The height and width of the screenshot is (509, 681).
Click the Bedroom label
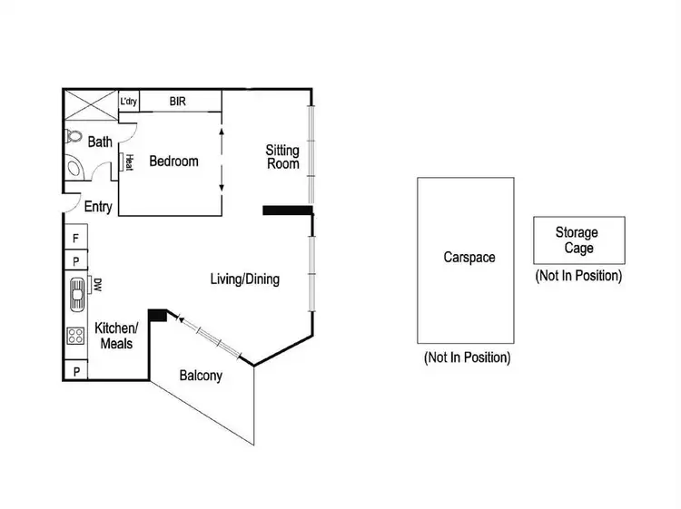[x=173, y=162]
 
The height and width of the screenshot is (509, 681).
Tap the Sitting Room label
[x=282, y=156]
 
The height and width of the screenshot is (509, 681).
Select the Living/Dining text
[x=245, y=279]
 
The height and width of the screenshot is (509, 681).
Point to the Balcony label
[x=201, y=375]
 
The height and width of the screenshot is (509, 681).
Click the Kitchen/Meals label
[x=116, y=336]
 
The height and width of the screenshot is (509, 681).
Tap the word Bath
[x=100, y=142]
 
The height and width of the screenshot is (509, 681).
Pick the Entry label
[x=98, y=207]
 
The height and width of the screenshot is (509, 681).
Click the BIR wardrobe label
[x=178, y=101]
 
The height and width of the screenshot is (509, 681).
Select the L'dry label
[x=129, y=101]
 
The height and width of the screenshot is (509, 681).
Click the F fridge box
[x=75, y=238]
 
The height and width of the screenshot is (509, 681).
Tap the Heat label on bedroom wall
[x=129, y=162]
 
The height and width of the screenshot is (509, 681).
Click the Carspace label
[x=469, y=258]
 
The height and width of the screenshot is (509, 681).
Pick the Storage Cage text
[x=577, y=240]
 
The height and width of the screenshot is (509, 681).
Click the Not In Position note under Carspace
[x=467, y=357]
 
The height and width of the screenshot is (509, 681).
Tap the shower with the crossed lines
[x=89, y=103]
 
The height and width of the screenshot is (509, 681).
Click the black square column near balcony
[x=156, y=315]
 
